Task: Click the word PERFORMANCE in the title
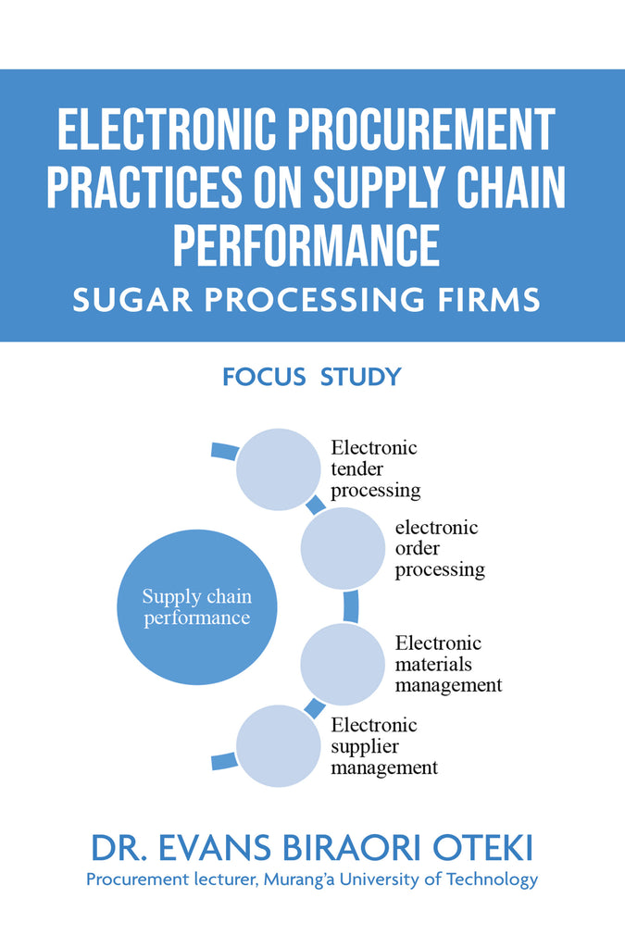point(306,245)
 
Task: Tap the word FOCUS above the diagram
point(264,377)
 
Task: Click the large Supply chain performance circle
point(195,607)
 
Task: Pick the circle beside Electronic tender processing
point(277,469)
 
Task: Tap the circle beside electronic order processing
point(342,549)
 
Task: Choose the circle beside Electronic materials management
point(342,664)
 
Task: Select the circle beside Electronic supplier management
point(277,746)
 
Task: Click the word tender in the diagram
point(356,468)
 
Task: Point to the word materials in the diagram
point(433,664)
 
